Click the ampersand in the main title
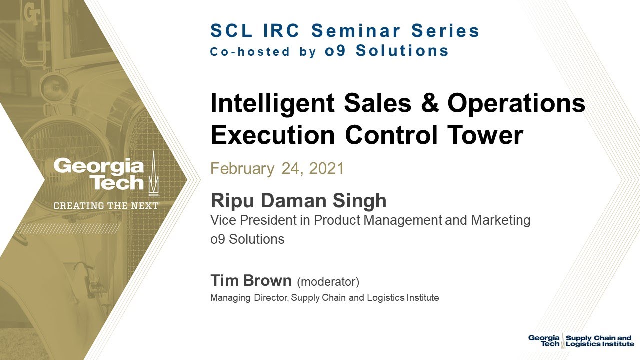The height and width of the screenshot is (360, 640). coord(428,104)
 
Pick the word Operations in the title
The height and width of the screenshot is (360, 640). coord(516,104)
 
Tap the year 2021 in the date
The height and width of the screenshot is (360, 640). coord(327,168)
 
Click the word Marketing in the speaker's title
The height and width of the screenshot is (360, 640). coord(500,220)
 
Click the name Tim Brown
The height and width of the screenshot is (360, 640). coord(251,281)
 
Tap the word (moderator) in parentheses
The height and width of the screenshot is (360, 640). coord(328,282)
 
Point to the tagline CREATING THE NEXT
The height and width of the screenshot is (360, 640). coord(106,206)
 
